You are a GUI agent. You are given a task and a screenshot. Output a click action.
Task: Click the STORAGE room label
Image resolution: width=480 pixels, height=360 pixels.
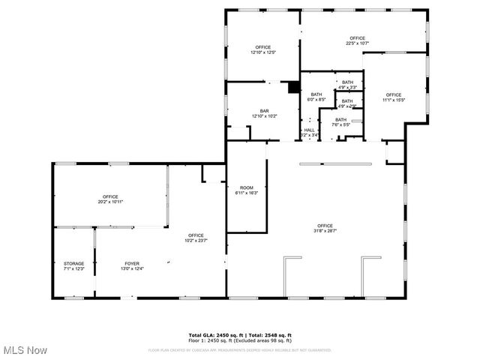pyautogui.click(x=73, y=265)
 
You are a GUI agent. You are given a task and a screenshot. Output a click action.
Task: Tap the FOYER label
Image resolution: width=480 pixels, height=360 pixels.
pyautogui.click(x=132, y=265)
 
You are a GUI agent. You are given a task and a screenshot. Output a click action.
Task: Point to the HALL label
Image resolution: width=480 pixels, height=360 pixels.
pyautogui.click(x=309, y=132)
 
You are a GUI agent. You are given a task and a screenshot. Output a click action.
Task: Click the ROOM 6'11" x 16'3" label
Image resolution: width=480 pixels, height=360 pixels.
pyautogui.click(x=247, y=190)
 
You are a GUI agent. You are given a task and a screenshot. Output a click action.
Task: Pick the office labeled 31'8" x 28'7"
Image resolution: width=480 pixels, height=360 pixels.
pyautogui.click(x=325, y=228)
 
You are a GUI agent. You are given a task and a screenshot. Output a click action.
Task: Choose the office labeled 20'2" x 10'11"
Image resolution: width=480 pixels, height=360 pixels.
pyautogui.click(x=110, y=199)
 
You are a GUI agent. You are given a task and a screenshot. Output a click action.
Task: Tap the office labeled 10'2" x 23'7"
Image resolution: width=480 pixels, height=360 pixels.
pyautogui.click(x=196, y=238)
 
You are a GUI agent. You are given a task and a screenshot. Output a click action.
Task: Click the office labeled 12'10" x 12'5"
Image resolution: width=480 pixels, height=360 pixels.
pyautogui.click(x=262, y=49)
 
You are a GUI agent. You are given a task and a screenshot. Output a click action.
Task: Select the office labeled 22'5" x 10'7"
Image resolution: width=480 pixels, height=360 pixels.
pyautogui.click(x=356, y=40)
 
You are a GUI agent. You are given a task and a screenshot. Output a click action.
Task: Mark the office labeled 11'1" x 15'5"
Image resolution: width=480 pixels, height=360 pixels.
pyautogui.click(x=394, y=97)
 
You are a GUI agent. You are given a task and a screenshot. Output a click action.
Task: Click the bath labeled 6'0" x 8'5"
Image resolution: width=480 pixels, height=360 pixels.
pyautogui.click(x=316, y=97)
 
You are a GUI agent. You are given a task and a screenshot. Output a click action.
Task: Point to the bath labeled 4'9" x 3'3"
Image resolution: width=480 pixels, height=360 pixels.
pyautogui.click(x=347, y=84)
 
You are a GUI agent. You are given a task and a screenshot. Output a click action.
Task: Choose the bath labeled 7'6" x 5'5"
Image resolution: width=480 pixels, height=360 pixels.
pyautogui.click(x=341, y=121)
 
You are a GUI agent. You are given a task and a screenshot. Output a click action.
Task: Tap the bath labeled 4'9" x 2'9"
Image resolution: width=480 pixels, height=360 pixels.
pyautogui.click(x=346, y=103)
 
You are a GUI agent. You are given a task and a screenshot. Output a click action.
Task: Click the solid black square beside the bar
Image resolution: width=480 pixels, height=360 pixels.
pyautogui.click(x=294, y=86)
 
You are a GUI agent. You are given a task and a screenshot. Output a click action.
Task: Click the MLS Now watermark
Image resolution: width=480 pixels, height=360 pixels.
pyautogui.click(x=25, y=350)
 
